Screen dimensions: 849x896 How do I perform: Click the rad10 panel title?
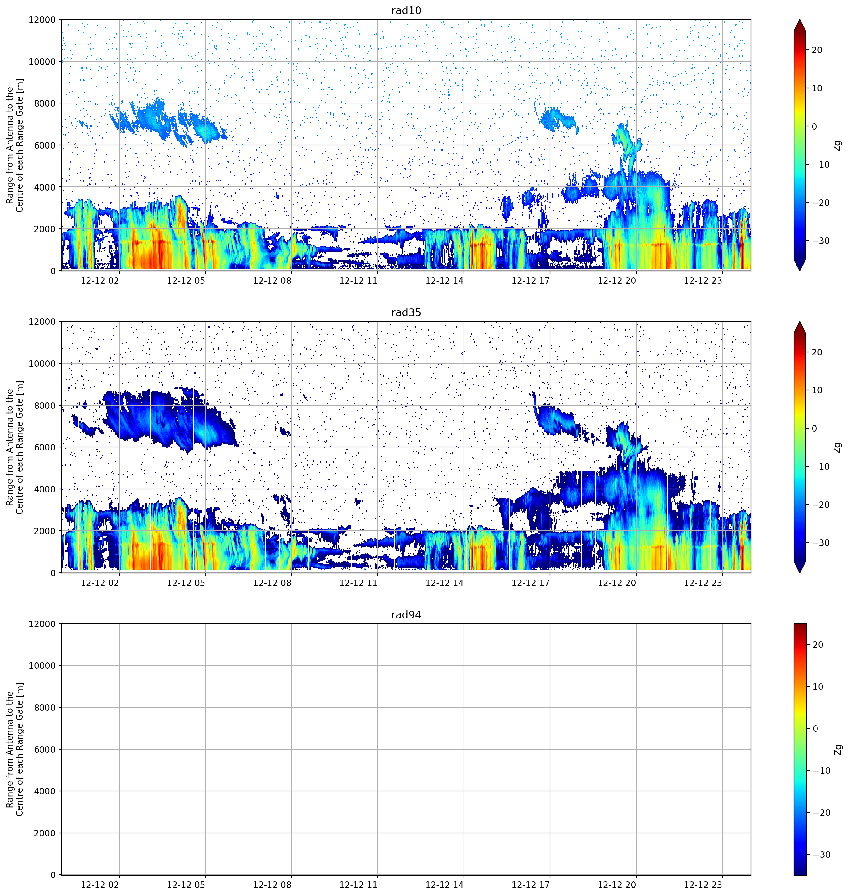(406, 10)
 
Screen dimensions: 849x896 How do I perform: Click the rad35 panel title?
(406, 313)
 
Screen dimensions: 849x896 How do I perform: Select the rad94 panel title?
(406, 615)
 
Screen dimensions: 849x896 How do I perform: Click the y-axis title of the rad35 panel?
(15, 448)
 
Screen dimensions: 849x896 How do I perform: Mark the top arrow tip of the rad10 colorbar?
(800, 20)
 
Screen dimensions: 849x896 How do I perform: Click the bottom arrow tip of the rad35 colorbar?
(800, 573)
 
